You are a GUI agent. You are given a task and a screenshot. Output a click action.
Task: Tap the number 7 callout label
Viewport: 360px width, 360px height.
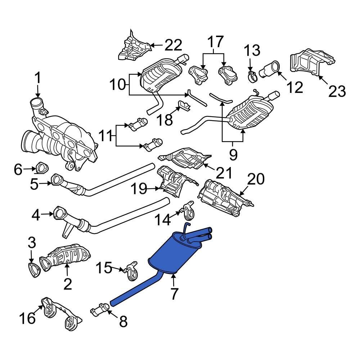174,294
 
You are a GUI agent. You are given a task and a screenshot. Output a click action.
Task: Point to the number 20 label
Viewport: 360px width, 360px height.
256,179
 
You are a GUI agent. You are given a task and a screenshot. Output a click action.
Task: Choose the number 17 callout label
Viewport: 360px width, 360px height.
215,42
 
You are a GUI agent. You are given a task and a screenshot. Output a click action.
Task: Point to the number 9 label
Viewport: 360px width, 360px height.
233,155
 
